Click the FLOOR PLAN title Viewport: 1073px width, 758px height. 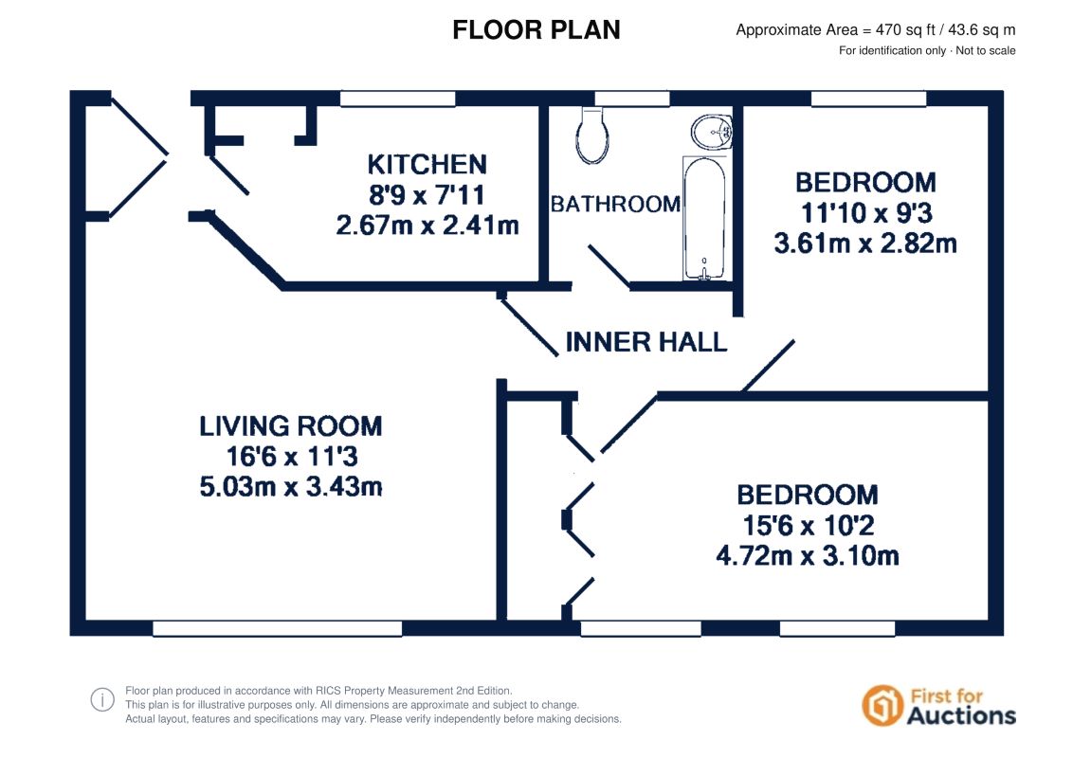536,30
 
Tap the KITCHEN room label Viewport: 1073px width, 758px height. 427,164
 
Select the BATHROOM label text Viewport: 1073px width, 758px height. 615,204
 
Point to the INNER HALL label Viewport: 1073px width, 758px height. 646,342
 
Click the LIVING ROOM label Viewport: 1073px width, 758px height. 291,426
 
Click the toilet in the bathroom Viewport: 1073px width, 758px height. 592,135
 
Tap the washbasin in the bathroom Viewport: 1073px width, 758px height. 712,132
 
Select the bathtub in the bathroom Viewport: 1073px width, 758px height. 704,218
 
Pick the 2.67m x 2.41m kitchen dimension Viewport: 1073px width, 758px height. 427,226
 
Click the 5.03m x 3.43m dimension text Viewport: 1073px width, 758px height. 291,486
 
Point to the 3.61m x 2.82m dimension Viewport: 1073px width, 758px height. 865,243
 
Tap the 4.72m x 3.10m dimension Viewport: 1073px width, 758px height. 808,555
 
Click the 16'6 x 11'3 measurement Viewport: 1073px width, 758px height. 291,457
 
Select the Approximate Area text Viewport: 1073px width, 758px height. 875,30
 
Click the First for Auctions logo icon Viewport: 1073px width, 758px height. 882,705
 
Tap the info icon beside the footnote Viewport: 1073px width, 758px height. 102,700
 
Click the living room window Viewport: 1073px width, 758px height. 277,629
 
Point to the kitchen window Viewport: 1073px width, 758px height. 397,99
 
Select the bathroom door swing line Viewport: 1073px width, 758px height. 609,266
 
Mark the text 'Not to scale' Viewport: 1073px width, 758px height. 986,50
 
